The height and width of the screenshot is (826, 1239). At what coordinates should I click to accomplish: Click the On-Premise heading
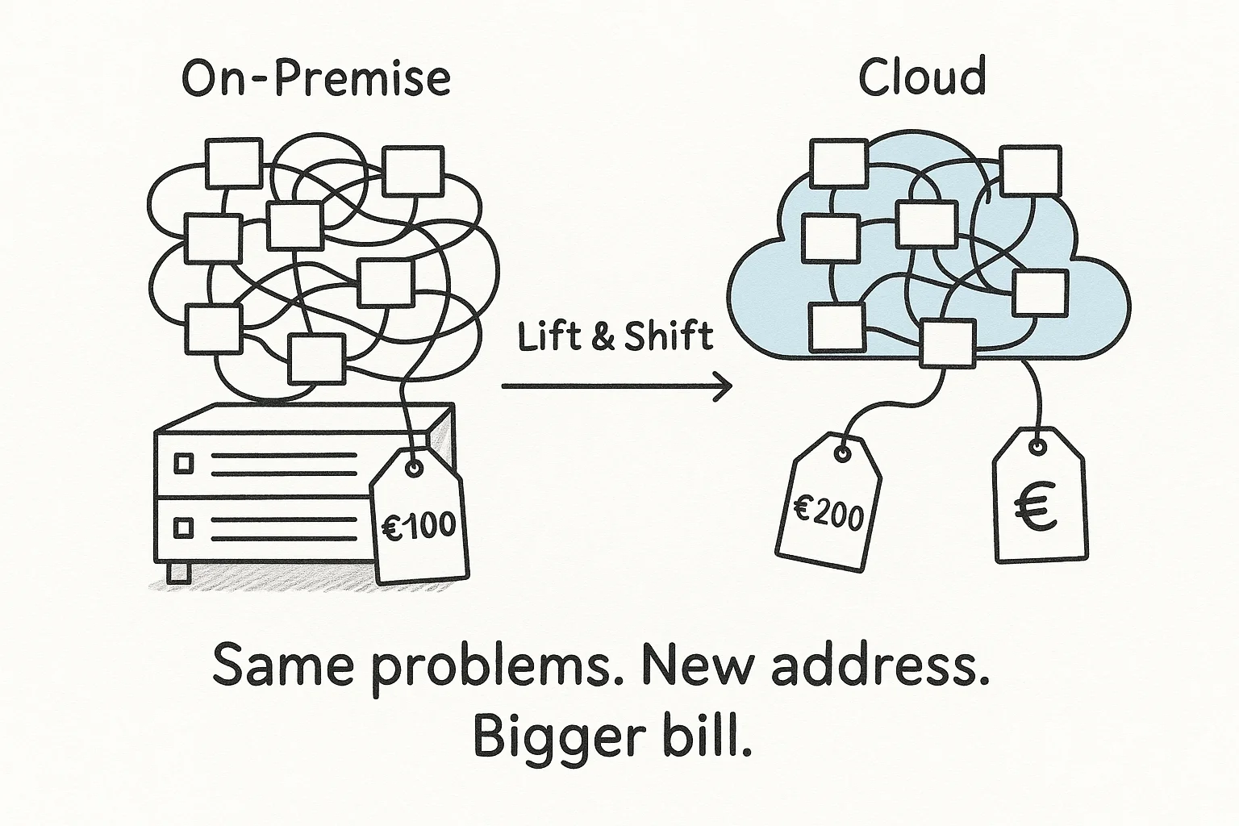315,78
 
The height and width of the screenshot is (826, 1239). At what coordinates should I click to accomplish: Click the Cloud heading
921,77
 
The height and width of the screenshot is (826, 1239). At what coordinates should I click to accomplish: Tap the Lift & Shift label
615,336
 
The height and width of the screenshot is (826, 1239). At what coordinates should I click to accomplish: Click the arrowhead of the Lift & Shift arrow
724,387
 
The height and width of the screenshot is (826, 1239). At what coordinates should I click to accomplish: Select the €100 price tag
419,516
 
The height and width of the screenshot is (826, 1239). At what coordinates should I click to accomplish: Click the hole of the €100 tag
414,469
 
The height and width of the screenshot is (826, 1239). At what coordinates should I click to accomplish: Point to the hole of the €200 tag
842,455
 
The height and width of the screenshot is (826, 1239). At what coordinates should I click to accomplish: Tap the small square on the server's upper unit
185,463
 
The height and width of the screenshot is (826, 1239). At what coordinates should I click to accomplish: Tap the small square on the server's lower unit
185,528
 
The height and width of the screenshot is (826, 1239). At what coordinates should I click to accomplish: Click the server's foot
178,573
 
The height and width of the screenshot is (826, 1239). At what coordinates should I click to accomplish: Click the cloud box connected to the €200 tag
947,343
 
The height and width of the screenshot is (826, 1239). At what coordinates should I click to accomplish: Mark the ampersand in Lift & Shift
602,336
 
